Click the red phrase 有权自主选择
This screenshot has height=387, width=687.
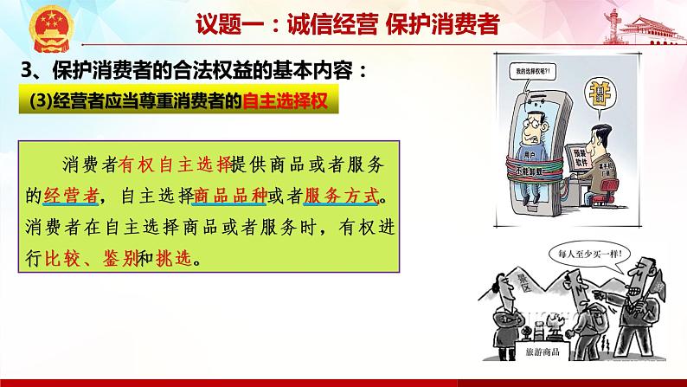pos(175,163)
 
